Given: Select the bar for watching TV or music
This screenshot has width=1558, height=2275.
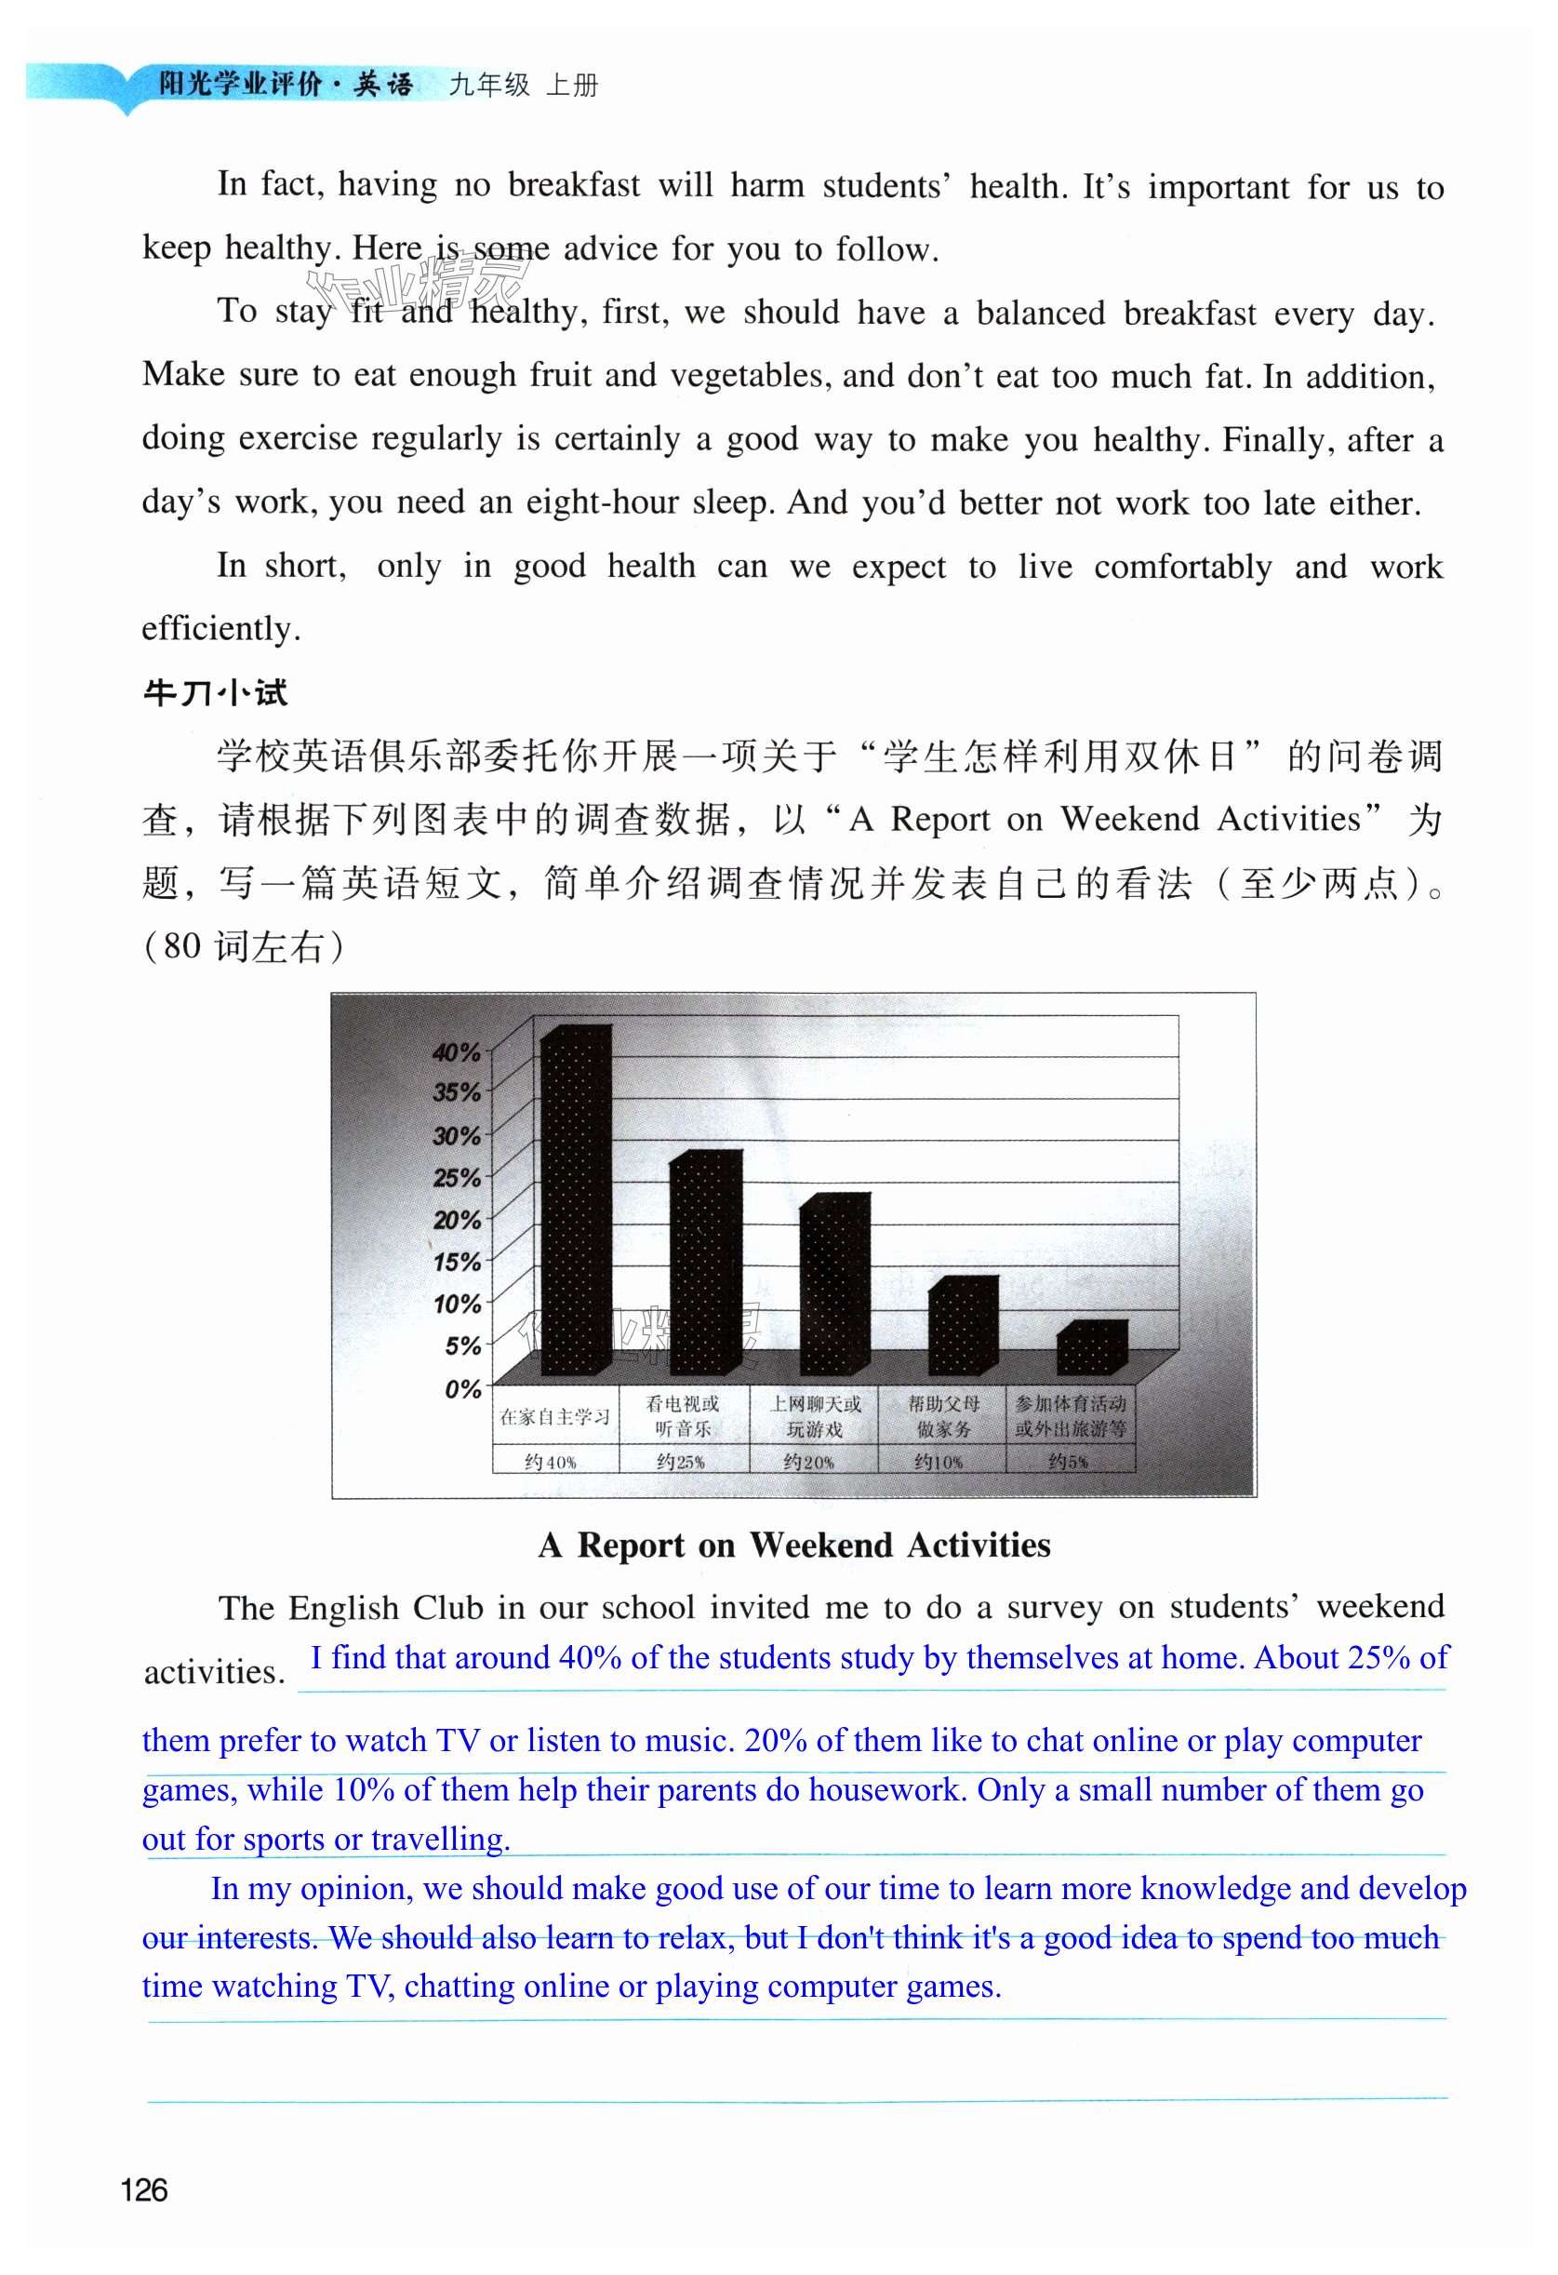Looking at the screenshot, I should tap(705, 1263).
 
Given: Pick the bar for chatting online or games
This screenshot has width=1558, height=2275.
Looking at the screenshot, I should tap(833, 1284).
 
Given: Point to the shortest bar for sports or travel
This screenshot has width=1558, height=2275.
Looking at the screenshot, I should tap(1091, 1348).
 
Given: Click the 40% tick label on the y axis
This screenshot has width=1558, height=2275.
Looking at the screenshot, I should tap(456, 1053).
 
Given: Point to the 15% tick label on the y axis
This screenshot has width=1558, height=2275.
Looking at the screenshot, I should tap(456, 1262).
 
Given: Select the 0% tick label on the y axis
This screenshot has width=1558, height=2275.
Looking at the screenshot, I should tap(462, 1388).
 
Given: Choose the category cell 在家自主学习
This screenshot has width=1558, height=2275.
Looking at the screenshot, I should tap(555, 1416).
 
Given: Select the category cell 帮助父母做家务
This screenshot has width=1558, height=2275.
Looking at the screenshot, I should tap(943, 1416).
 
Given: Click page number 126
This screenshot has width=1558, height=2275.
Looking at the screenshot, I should tap(144, 2189).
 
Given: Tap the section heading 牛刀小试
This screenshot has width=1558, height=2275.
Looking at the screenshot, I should tap(215, 694).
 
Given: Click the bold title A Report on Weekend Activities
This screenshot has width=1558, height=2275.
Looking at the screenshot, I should tap(793, 1545).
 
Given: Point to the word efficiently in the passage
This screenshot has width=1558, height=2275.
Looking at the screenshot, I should tap(220, 628).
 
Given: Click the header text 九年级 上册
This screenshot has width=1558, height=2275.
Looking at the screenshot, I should tap(523, 86).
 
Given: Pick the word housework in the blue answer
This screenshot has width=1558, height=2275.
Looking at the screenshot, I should tap(885, 1790).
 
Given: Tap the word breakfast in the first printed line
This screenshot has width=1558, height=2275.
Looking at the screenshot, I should tap(574, 185).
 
